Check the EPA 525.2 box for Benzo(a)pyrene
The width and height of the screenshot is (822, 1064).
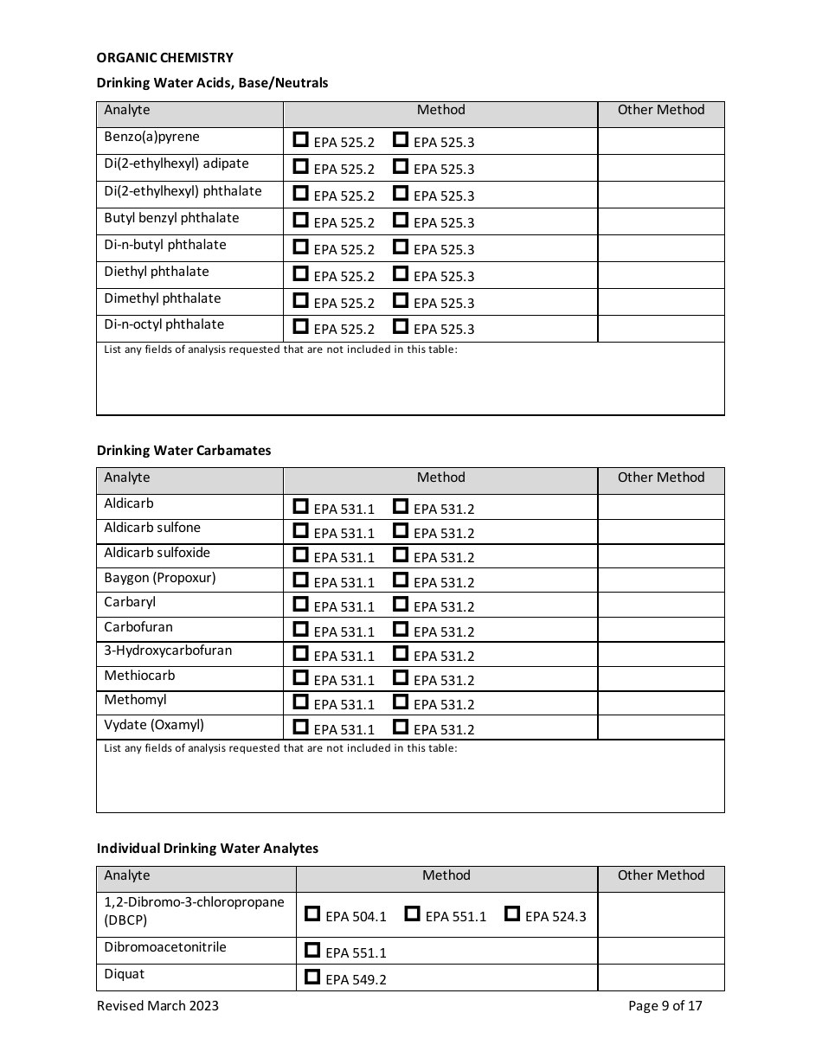click(x=300, y=139)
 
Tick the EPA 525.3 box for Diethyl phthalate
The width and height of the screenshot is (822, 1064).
click(x=400, y=273)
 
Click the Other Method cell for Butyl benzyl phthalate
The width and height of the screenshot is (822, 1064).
click(x=660, y=221)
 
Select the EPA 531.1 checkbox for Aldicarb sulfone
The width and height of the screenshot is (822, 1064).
click(x=300, y=530)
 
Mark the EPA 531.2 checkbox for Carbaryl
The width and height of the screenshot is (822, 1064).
click(x=400, y=604)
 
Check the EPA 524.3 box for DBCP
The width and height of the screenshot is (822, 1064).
click(x=512, y=913)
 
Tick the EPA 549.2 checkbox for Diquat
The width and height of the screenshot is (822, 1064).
click(x=312, y=977)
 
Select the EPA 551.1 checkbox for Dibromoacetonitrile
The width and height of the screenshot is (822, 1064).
click(x=312, y=950)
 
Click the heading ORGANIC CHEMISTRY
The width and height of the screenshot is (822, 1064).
click(x=164, y=58)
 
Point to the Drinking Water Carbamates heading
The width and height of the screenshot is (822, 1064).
click(x=183, y=451)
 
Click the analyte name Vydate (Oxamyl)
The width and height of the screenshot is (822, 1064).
click(x=154, y=725)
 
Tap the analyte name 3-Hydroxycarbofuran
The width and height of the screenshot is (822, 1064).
click(x=168, y=651)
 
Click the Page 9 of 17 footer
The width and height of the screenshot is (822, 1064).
click(x=665, y=1005)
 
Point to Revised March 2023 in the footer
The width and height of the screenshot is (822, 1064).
click(x=157, y=1005)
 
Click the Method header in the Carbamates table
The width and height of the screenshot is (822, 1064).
click(x=440, y=478)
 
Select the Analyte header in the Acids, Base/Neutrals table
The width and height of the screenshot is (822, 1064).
click(x=127, y=110)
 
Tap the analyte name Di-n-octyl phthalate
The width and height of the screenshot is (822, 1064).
click(x=164, y=324)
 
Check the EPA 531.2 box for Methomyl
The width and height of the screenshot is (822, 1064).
click(x=400, y=702)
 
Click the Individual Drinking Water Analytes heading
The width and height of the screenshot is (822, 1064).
click(x=207, y=849)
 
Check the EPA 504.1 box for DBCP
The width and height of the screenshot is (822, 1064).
click(x=312, y=913)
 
